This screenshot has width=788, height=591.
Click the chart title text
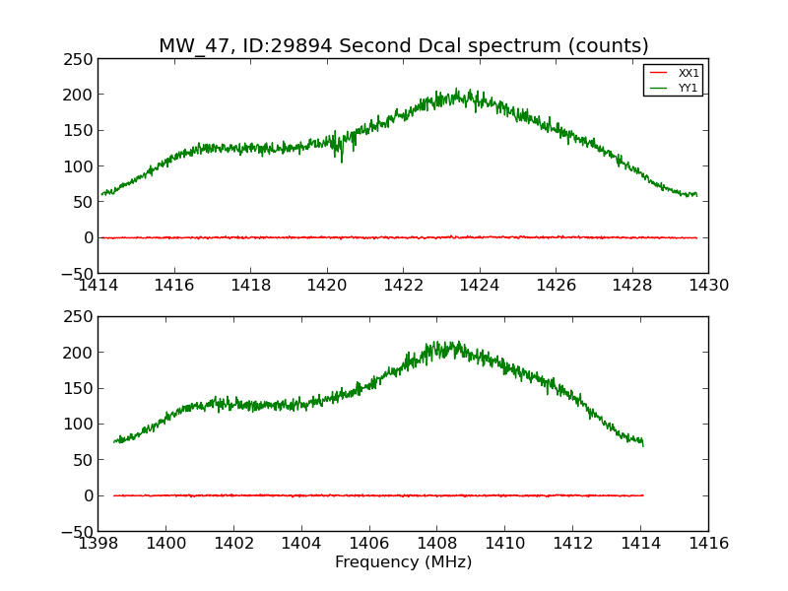[404, 46]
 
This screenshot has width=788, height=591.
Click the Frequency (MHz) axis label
[403, 562]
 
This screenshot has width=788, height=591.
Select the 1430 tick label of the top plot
[708, 286]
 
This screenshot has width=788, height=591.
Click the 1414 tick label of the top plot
[98, 286]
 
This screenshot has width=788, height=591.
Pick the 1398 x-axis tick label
[98, 544]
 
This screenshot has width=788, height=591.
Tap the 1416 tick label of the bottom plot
[708, 544]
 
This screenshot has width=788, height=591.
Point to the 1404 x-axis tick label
[301, 544]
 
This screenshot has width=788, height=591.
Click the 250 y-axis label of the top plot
[80, 59]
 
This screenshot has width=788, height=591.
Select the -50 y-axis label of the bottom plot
[75, 531]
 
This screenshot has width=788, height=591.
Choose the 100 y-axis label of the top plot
[80, 166]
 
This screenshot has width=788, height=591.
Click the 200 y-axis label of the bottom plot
[80, 353]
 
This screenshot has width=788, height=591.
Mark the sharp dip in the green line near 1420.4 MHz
[342, 160]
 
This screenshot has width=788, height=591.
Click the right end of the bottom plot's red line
[643, 495]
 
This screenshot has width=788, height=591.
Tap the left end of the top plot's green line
[101, 194]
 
